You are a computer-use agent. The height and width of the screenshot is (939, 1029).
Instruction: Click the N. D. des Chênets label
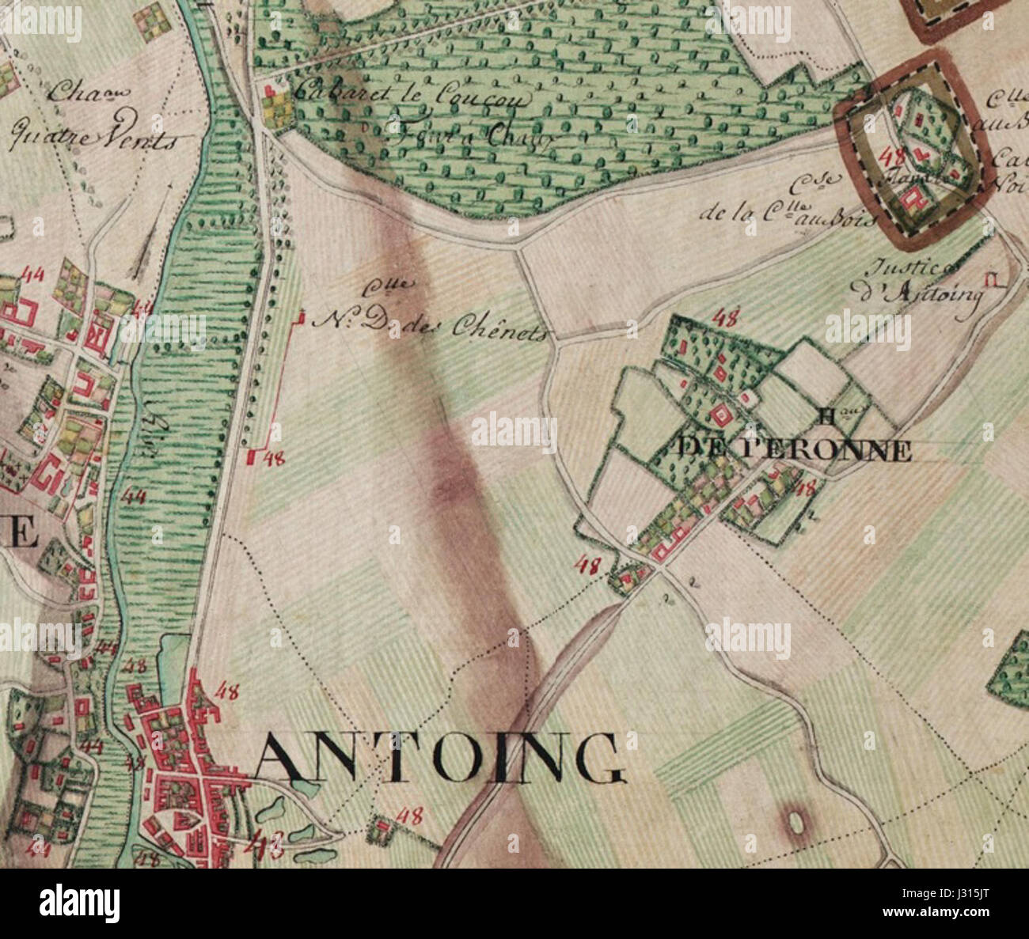click(x=431, y=324)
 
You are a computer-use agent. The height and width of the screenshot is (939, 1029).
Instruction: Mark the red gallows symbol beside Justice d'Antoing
click(x=990, y=279)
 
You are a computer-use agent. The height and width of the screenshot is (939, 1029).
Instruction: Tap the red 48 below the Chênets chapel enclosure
click(x=275, y=456)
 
